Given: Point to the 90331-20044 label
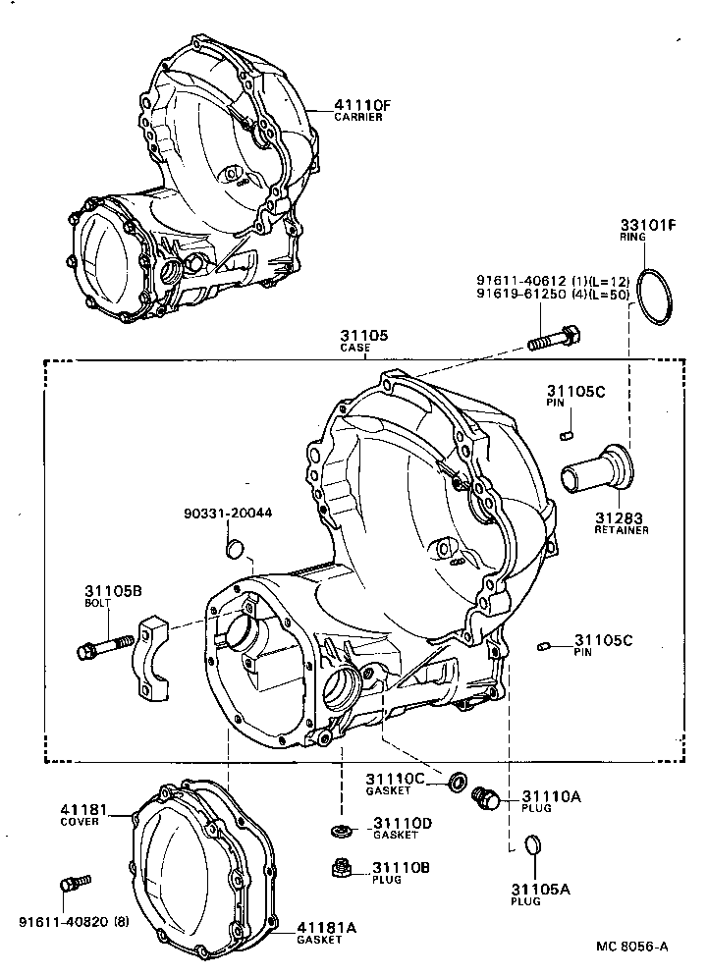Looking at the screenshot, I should click(228, 513).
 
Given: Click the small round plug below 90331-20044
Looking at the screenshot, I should click(234, 547).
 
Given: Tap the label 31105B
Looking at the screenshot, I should click(113, 590).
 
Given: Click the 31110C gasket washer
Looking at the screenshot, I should click(458, 783).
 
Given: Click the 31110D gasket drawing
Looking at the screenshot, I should click(343, 831).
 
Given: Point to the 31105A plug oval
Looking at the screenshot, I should click(531, 844).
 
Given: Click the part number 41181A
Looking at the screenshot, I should click(328, 926).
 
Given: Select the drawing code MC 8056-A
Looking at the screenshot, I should click(632, 947).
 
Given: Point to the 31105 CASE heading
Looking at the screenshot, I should click(364, 341).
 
